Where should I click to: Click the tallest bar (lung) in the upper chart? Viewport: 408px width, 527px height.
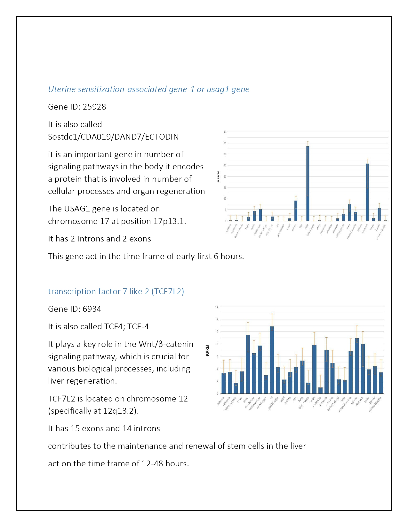[308, 183]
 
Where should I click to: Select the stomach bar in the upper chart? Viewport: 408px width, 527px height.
[367, 192]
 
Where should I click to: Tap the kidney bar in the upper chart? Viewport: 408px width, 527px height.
[296, 210]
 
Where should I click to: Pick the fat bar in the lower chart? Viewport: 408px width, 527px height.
[272, 360]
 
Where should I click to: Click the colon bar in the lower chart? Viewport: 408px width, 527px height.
[248, 364]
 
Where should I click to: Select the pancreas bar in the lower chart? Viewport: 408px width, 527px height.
[320, 390]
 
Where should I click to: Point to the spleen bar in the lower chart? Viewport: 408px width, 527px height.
[357, 366]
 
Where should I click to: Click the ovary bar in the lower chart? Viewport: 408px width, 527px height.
[314, 369]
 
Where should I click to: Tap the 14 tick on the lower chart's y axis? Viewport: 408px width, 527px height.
[217, 307]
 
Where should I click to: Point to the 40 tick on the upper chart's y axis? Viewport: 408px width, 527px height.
[225, 132]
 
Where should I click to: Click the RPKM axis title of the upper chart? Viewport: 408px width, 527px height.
[219, 176]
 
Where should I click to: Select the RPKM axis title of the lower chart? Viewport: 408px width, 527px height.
[207, 350]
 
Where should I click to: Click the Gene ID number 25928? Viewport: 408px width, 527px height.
[94, 107]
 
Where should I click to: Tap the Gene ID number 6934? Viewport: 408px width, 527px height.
[92, 309]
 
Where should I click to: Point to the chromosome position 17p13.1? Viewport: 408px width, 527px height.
[169, 221]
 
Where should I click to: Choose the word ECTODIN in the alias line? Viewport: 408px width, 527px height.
[162, 137]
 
